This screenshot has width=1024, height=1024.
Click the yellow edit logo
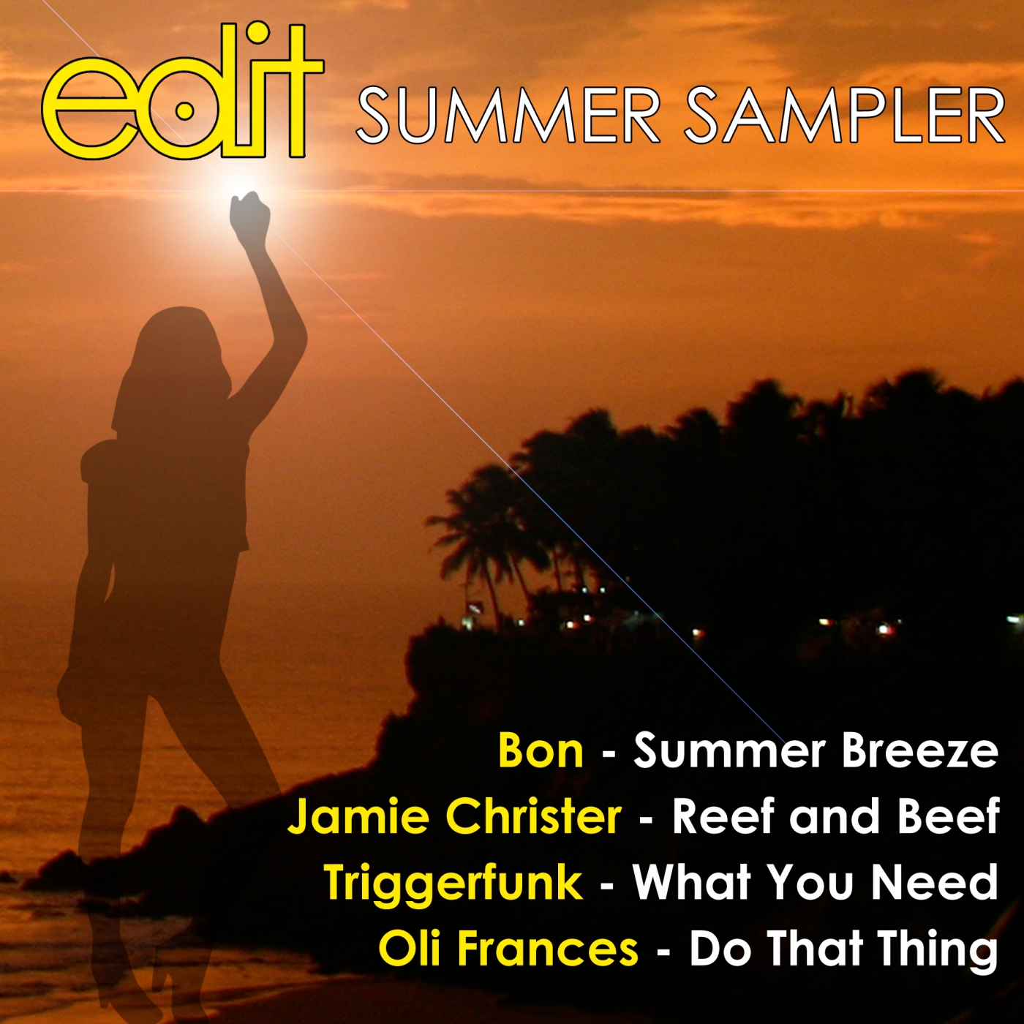tap(181, 91)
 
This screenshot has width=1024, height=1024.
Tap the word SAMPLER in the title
tap(845, 116)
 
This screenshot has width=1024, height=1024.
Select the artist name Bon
tap(541, 751)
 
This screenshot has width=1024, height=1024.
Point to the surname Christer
tap(533, 817)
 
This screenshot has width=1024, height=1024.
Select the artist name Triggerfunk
tap(453, 884)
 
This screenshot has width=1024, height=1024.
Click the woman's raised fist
tap(249, 215)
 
